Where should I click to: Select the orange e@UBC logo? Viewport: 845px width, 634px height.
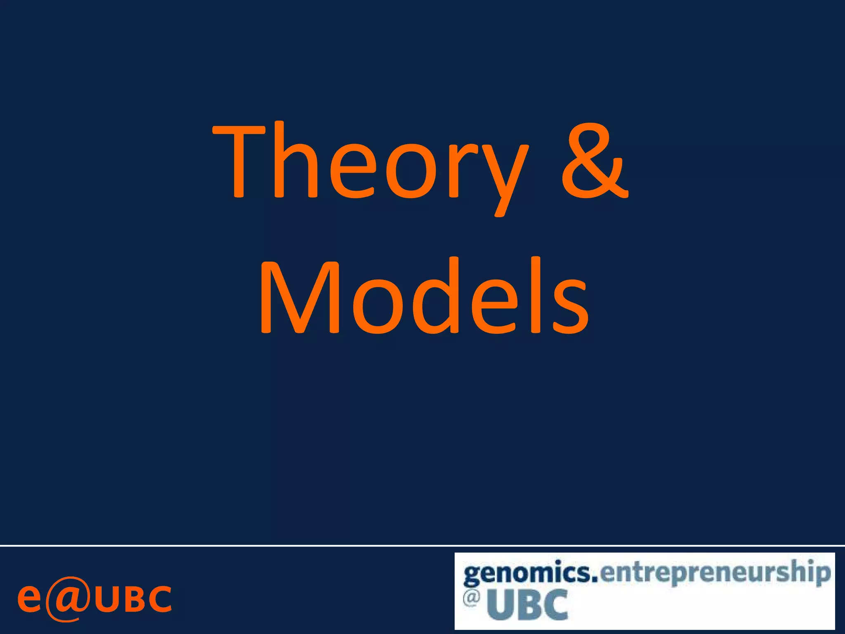pyautogui.click(x=94, y=599)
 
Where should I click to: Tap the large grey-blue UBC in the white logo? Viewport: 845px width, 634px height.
pyautogui.click(x=528, y=605)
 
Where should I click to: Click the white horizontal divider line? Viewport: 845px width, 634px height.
pyautogui.click(x=422, y=546)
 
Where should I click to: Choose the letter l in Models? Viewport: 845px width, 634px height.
pyautogui.click(x=535, y=295)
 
